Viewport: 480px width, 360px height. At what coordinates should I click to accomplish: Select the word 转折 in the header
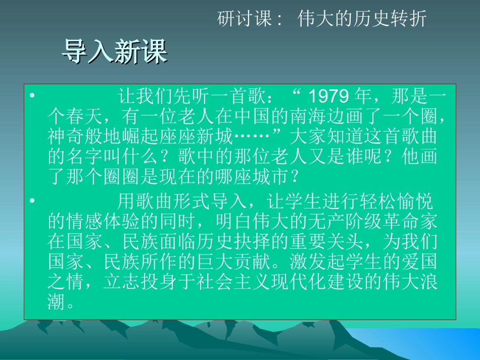point(413,19)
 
